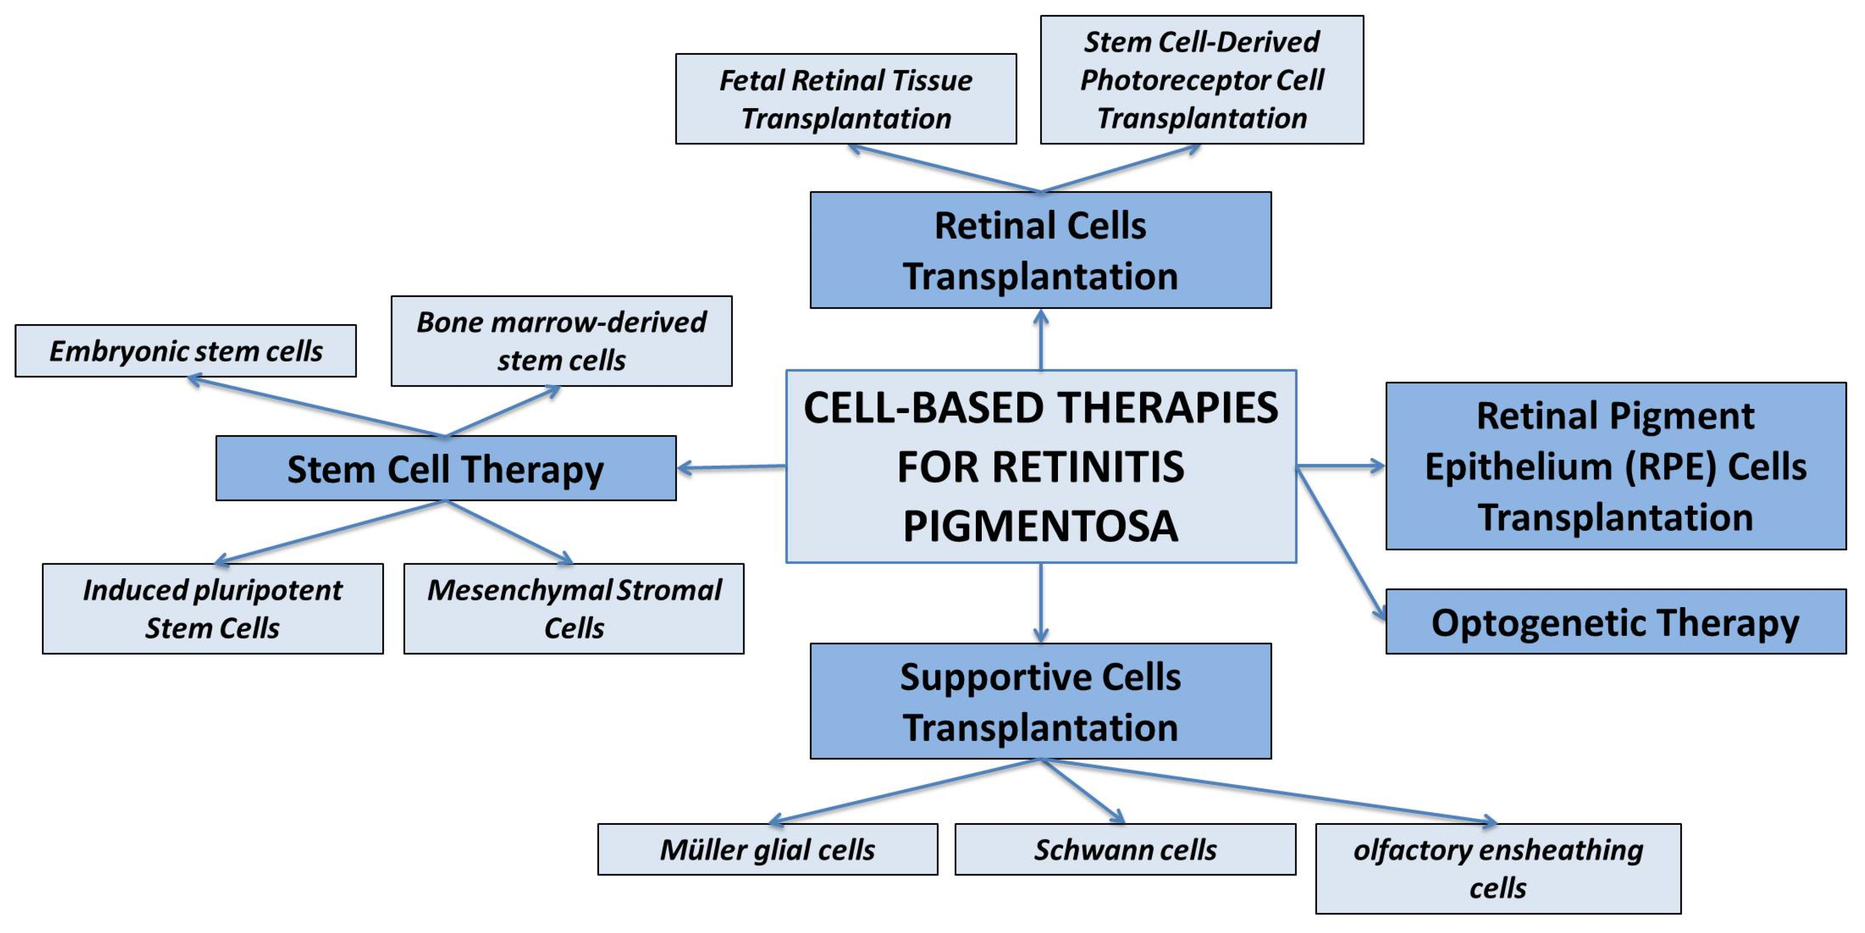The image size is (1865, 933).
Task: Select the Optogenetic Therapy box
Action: coord(1615,622)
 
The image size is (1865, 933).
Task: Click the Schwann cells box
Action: coord(1125,850)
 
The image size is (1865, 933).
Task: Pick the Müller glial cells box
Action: coord(767,850)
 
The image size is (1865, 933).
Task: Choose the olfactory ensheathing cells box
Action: coord(1497,869)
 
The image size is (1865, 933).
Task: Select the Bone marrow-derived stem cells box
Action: coord(561,341)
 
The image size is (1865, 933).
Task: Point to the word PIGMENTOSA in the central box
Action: coord(1040,527)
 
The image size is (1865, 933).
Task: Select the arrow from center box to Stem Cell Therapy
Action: coord(731,468)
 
